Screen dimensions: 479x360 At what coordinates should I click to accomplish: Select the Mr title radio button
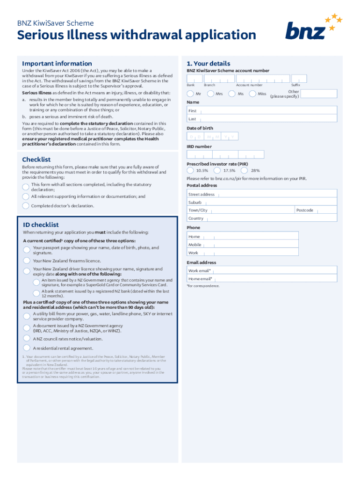coord(190,94)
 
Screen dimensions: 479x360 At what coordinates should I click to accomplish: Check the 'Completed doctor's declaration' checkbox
coord(26,206)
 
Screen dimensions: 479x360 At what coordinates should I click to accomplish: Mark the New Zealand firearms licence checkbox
coord(27,261)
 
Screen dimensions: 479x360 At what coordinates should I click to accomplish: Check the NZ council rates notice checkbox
coord(27,338)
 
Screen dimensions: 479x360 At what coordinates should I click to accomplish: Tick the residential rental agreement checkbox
coord(27,348)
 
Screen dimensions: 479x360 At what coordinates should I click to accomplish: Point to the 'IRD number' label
coord(199,146)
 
